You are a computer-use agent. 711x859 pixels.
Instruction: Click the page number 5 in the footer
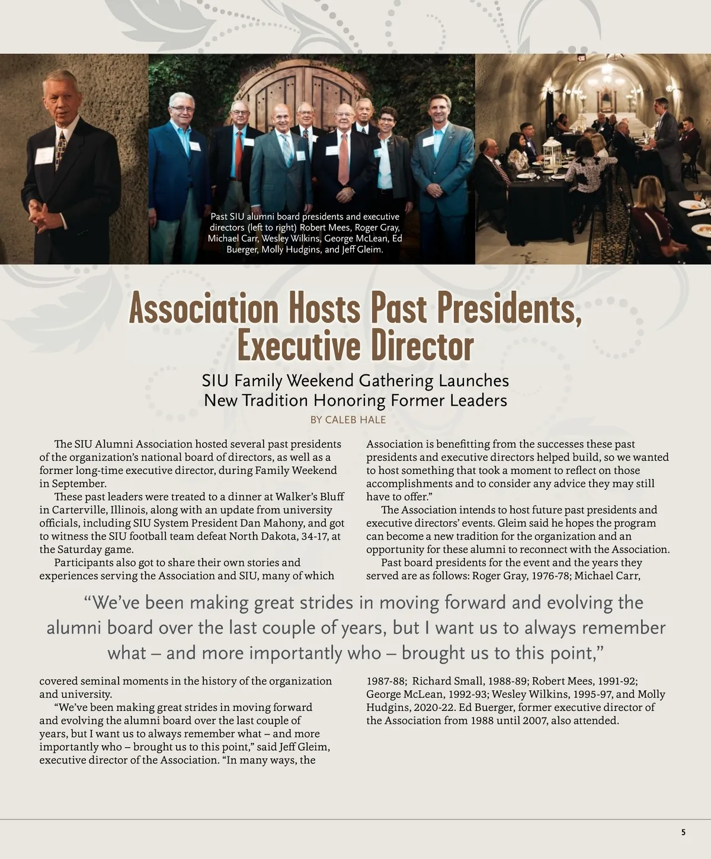[683, 832]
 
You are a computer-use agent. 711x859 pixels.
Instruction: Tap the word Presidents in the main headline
[504, 309]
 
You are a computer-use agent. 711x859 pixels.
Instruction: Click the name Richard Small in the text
[449, 681]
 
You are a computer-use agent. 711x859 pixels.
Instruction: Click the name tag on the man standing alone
[44, 156]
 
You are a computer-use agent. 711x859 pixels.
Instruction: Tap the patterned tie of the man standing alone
[60, 150]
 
